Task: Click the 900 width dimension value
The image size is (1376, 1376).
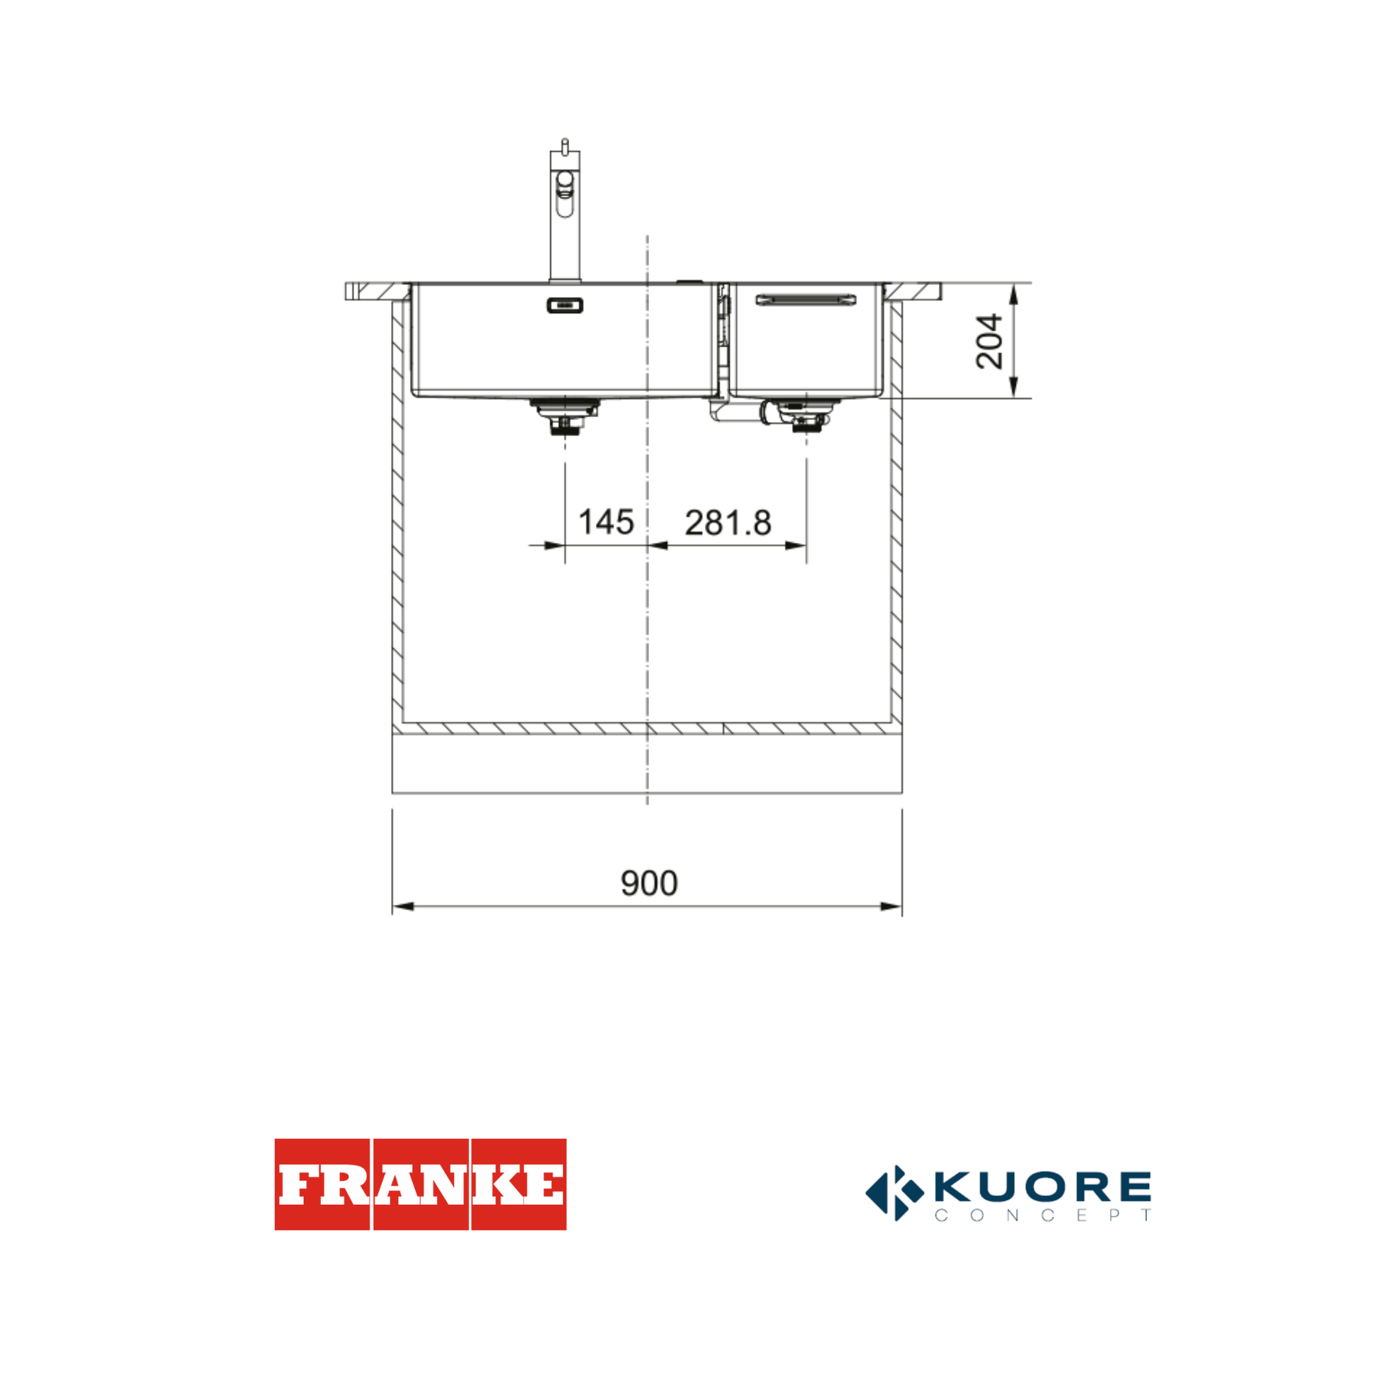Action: (x=649, y=883)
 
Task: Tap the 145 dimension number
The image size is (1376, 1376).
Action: (x=606, y=522)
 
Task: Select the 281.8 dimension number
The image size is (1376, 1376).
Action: (x=728, y=523)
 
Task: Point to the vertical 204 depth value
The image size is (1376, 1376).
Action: (x=989, y=341)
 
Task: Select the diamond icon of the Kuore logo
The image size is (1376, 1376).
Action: (x=894, y=1192)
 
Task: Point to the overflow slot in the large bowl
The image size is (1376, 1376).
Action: (x=565, y=305)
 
